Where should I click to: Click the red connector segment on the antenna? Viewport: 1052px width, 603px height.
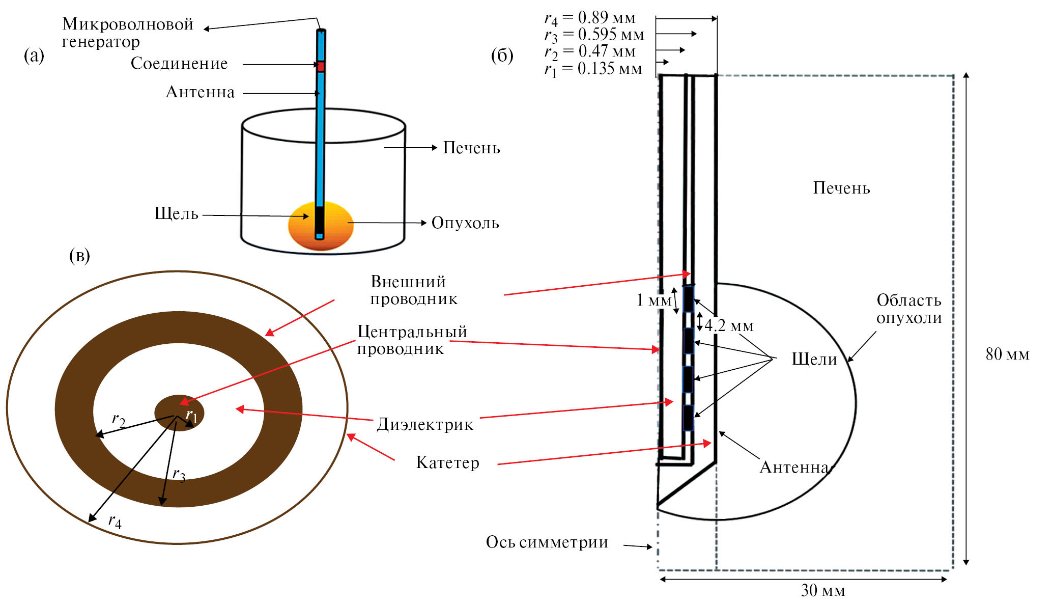click(321, 66)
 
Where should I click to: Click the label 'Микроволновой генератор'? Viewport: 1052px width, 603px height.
click(127, 33)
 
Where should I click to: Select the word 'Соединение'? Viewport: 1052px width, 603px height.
click(179, 64)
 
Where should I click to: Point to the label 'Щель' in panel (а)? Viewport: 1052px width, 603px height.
click(176, 214)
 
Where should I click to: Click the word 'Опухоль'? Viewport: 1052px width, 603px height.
click(465, 223)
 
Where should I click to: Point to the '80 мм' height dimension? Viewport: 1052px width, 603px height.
click(1007, 354)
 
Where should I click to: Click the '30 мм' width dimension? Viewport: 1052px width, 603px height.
click(822, 590)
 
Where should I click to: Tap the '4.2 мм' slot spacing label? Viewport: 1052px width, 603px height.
click(729, 326)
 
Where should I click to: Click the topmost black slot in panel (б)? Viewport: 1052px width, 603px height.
click(688, 299)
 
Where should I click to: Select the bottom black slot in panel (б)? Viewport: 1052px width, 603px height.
click(688, 418)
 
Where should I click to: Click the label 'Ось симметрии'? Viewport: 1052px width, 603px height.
click(547, 542)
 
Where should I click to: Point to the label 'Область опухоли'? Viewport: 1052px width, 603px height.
click(908, 309)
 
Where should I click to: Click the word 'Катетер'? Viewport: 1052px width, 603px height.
click(447, 462)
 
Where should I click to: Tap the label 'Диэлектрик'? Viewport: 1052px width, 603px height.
click(425, 424)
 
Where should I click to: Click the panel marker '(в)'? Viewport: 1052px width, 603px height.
click(79, 256)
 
